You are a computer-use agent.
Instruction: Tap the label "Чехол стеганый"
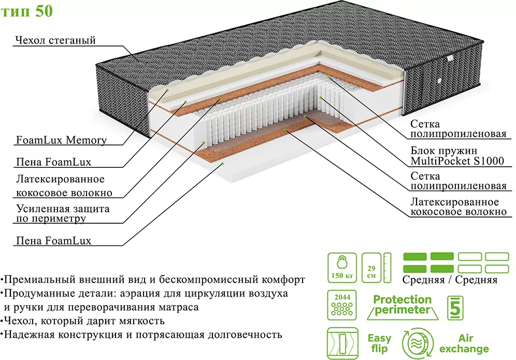55,41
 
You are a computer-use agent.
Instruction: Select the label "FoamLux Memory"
61,140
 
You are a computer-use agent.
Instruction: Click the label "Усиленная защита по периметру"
63,213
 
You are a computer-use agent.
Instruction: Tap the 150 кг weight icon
341,267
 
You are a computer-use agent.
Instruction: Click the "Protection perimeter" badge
402,305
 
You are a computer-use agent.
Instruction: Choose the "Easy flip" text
379,343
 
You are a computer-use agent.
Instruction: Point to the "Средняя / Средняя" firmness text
450,280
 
